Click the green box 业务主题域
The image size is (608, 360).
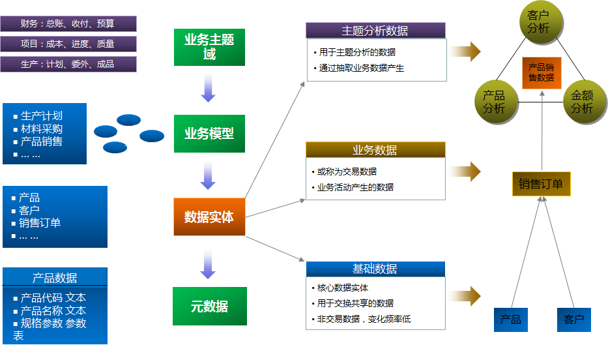click(209, 47)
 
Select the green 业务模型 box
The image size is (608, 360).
click(209, 134)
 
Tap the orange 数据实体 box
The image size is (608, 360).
click(209, 217)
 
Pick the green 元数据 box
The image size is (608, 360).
click(209, 306)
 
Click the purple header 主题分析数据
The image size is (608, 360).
click(375, 31)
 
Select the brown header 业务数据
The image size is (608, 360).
click(375, 150)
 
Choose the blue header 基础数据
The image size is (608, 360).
click(375, 269)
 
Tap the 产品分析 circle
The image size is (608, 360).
click(494, 102)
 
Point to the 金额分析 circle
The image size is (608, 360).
click(582, 102)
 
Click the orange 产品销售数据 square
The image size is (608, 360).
click(541, 72)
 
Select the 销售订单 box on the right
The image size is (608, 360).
click(541, 184)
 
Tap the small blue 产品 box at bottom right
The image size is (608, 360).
click(510, 320)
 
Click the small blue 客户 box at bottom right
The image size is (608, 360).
click(574, 320)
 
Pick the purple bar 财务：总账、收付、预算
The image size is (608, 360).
click(68, 24)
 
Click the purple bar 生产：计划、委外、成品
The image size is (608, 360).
click(68, 64)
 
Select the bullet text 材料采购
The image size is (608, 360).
click(42, 129)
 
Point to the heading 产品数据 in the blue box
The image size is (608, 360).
click(55, 278)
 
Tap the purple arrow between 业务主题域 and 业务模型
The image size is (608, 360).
click(209, 87)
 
